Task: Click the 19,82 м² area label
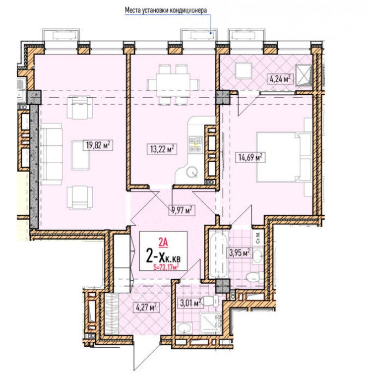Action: (x=98, y=145)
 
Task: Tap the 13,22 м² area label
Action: (x=162, y=149)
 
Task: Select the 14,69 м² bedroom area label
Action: (x=250, y=157)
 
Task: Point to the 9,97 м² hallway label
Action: (x=182, y=210)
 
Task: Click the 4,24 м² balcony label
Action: (x=280, y=79)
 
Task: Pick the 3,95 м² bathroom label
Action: (x=239, y=253)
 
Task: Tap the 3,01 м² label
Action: (x=190, y=303)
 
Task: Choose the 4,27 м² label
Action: (x=146, y=307)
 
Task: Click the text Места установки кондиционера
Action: (x=166, y=10)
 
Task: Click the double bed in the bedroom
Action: (x=284, y=156)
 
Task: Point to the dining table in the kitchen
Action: (x=173, y=84)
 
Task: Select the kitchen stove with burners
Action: (x=196, y=144)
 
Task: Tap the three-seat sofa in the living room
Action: (x=51, y=154)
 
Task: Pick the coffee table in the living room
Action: (x=80, y=155)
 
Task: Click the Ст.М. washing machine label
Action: (x=258, y=238)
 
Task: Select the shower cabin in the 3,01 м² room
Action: (x=210, y=322)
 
